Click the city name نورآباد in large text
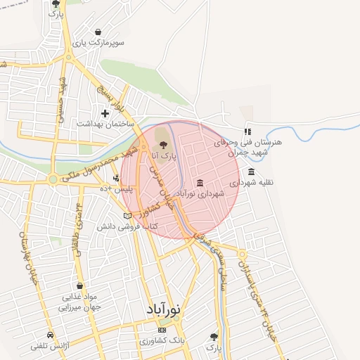pos(164,309)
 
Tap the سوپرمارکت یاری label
pos(102,43)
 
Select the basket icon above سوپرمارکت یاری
pos(97,32)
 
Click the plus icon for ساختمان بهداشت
pos(105,112)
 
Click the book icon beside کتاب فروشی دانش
pos(127,216)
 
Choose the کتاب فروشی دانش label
pos(130,227)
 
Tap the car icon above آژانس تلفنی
pos(50,335)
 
